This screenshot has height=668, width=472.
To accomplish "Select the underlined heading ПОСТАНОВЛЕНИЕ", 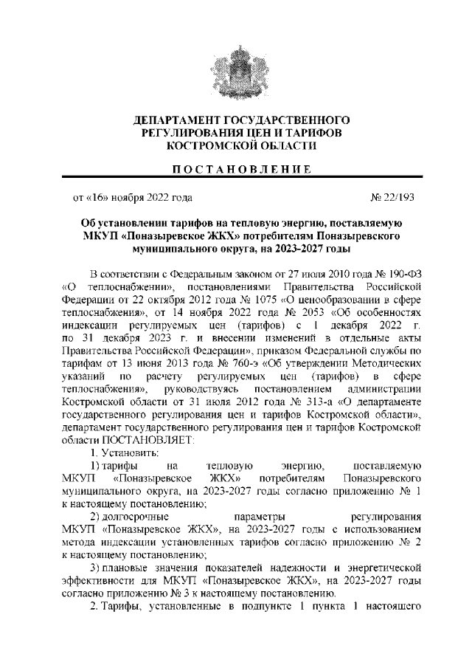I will click(235, 169).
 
